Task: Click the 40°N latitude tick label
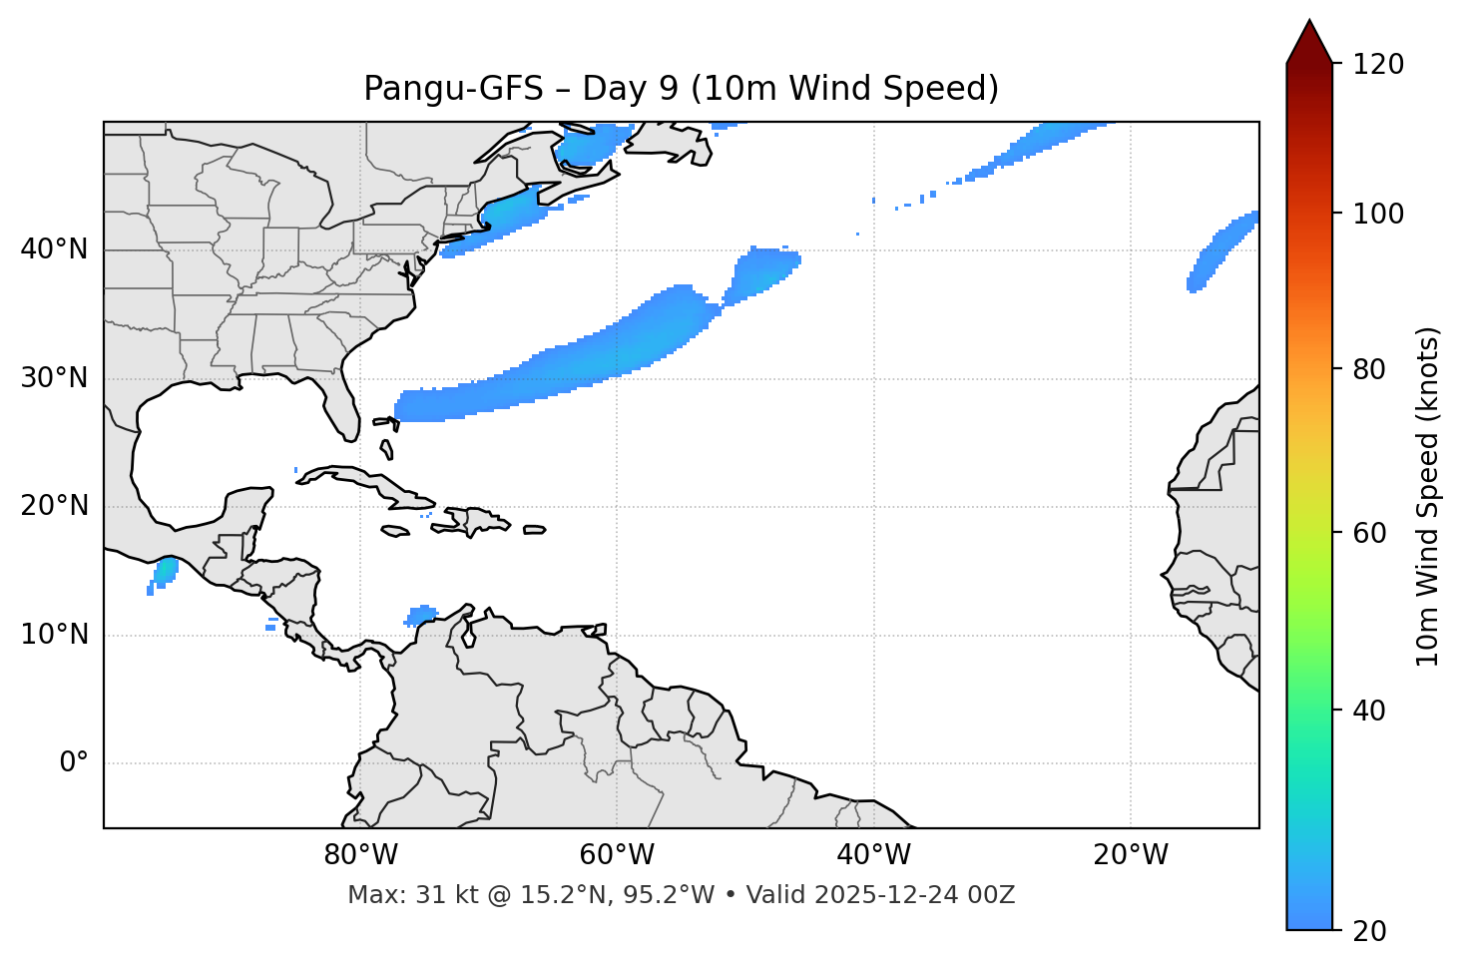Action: [x=54, y=249]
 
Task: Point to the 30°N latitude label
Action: [x=54, y=378]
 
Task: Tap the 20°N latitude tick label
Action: [x=54, y=506]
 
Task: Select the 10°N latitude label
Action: [x=54, y=635]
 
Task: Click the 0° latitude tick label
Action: [x=74, y=763]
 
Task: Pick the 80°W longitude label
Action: [x=360, y=855]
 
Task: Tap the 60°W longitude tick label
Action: [x=617, y=855]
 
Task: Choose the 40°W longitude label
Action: [x=874, y=855]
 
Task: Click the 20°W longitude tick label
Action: [x=1131, y=855]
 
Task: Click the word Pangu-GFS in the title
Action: [x=453, y=89]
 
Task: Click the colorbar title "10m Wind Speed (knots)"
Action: [x=1428, y=497]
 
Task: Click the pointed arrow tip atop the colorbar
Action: [x=1309, y=22]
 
